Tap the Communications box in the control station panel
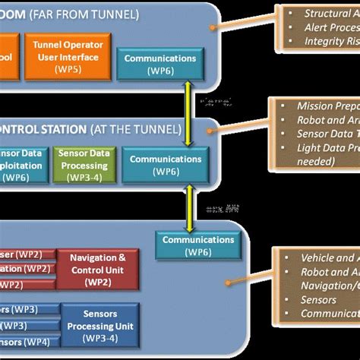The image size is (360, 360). (x=166, y=166)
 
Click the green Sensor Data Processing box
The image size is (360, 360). (x=84, y=163)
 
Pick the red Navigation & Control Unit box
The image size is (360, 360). (x=97, y=269)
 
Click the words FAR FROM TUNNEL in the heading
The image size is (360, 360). (x=92, y=14)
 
